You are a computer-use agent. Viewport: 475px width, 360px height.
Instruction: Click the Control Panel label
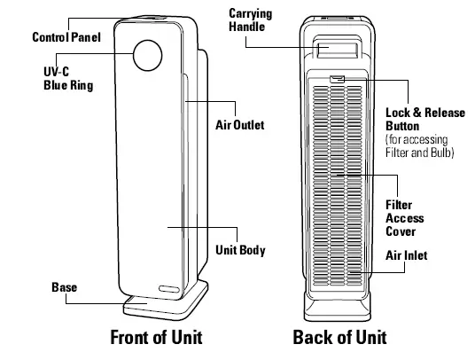coord(66,38)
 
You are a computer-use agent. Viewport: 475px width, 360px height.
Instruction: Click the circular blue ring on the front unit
coord(148,57)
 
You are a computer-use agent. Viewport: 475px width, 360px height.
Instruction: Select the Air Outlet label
coord(240,125)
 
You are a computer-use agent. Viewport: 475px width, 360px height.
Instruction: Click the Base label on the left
coord(64,288)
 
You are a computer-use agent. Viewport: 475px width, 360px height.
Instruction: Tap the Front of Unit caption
coord(156,338)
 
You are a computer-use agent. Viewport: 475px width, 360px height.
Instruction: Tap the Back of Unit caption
coord(339,338)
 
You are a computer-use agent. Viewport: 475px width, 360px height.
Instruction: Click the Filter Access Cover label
coord(406,218)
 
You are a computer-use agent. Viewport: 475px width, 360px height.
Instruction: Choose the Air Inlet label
coord(407,256)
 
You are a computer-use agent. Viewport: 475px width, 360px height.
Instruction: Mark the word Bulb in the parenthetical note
coord(440,153)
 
